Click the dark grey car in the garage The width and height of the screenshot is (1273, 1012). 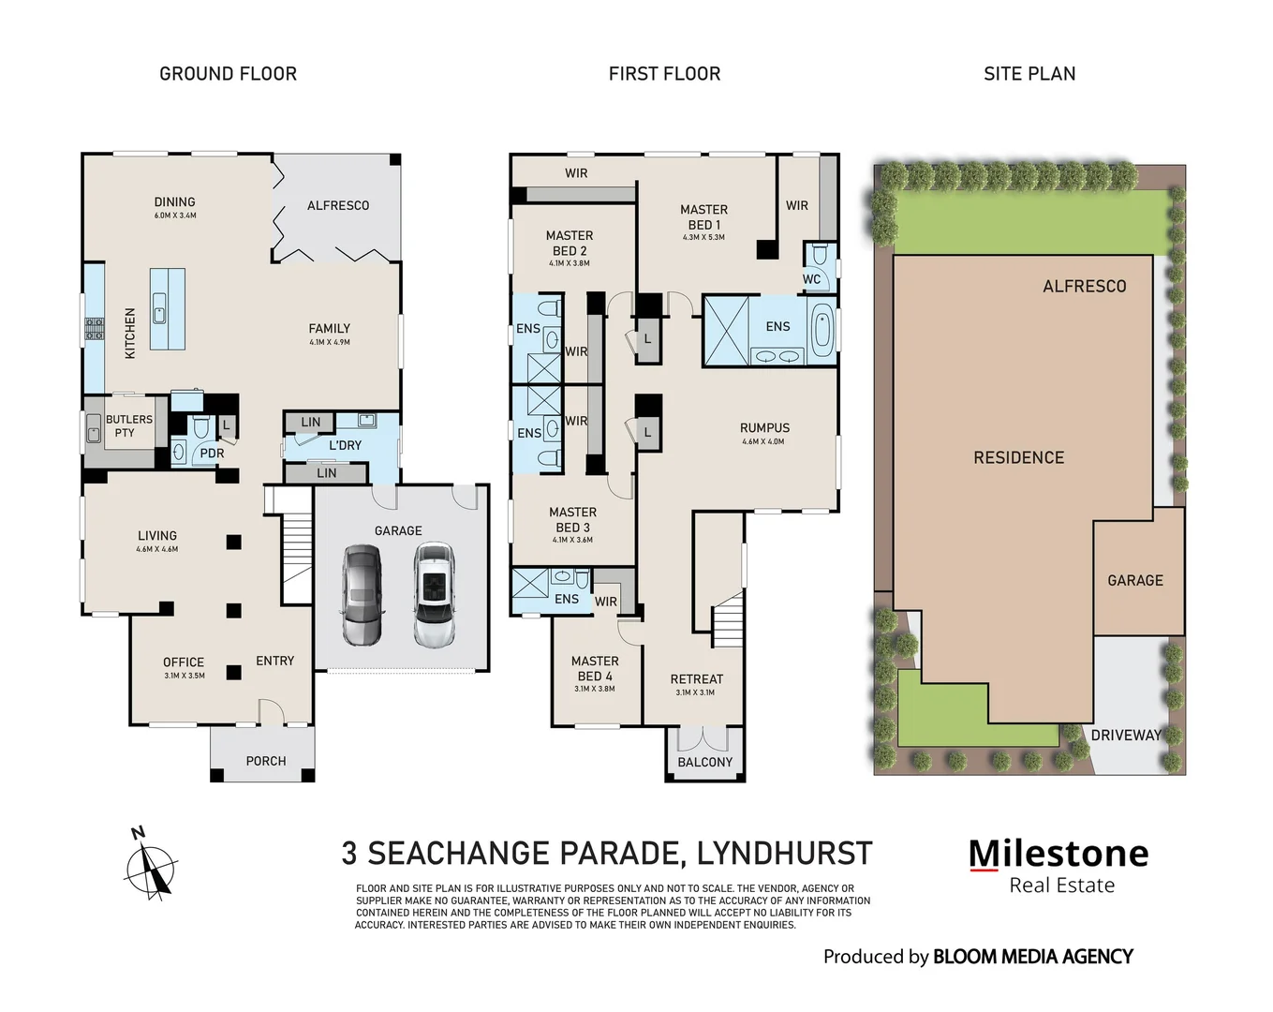(363, 596)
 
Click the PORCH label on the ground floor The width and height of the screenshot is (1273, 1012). (266, 761)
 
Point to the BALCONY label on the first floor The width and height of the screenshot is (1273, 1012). (705, 762)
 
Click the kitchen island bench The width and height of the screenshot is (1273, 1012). (168, 309)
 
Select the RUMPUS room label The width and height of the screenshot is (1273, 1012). (764, 428)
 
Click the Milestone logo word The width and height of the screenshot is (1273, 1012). (1058, 854)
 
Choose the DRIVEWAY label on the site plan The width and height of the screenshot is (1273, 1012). (1125, 736)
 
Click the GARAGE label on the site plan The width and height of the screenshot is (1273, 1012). (1134, 581)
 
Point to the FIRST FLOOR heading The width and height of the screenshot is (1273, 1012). (664, 74)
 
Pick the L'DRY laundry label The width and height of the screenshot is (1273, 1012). (345, 445)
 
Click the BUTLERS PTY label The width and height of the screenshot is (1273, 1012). (128, 426)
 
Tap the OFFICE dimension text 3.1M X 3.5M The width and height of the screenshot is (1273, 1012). (184, 676)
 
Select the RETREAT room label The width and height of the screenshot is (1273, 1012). (696, 679)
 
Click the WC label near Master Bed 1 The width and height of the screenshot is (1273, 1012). (811, 279)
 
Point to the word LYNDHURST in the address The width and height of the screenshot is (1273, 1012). (784, 854)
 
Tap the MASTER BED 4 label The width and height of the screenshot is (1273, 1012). (595, 668)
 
